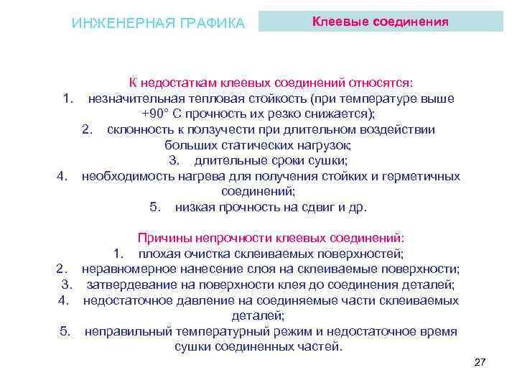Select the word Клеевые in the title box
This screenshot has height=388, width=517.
[337, 22]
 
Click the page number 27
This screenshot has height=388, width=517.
[480, 363]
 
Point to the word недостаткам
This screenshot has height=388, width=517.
[180, 83]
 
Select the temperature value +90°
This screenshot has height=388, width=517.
[155, 114]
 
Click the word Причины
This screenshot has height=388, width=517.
[161, 239]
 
